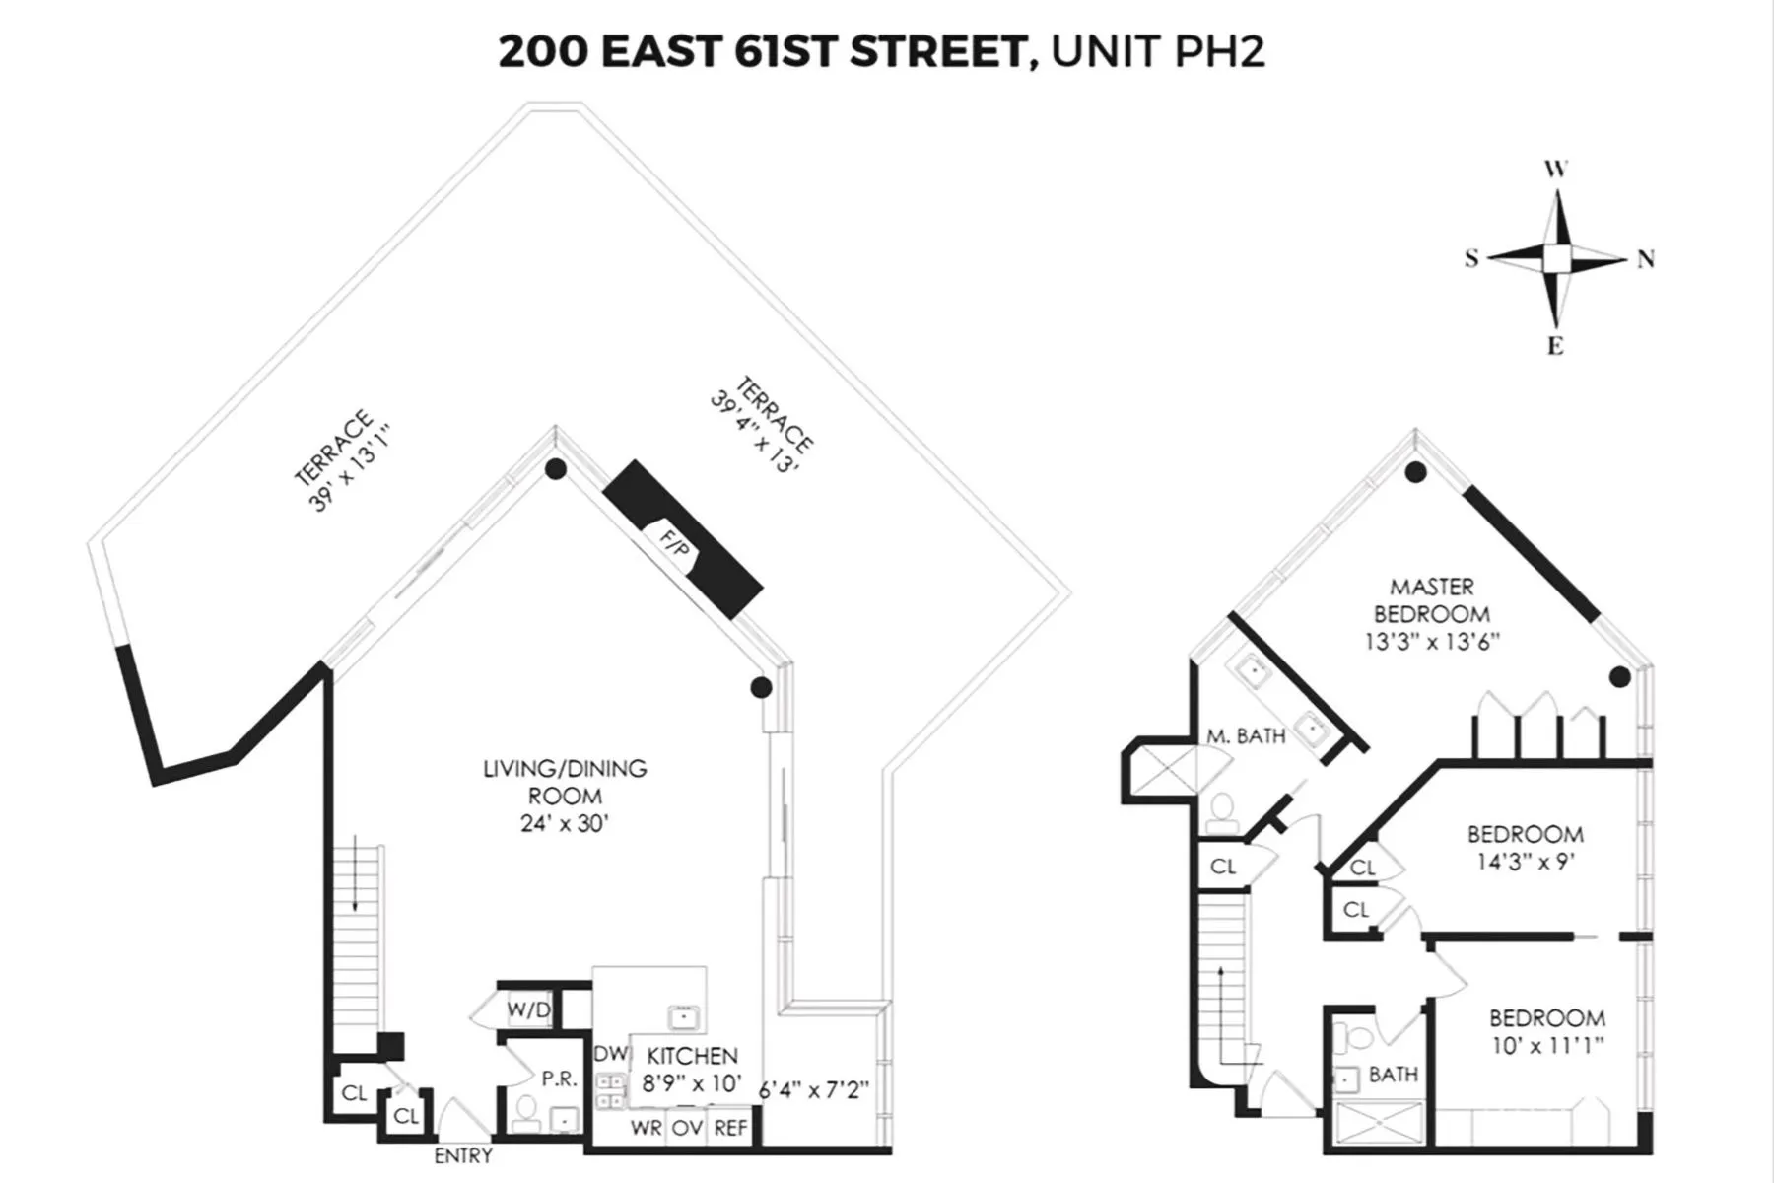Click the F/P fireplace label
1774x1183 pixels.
pos(676,545)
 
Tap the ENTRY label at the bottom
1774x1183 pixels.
pos(463,1155)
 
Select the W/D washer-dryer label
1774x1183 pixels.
pos(528,1010)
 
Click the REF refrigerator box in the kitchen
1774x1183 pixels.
pos(730,1128)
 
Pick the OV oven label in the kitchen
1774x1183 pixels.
pos(687,1128)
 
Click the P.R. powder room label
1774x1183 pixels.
pos(559,1079)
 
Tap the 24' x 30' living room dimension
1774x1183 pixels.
pos(565,823)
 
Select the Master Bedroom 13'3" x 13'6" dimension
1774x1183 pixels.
pos(1431,642)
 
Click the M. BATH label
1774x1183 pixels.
pos(1246,735)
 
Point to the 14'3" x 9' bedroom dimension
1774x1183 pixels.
pos(1525,862)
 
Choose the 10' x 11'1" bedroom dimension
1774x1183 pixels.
pos(1546,1045)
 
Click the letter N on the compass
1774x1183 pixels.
pos(1645,259)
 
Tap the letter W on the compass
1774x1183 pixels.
pos(1555,170)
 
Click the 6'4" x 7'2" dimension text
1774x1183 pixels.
pos(814,1090)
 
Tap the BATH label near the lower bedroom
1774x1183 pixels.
pos(1393,1074)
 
